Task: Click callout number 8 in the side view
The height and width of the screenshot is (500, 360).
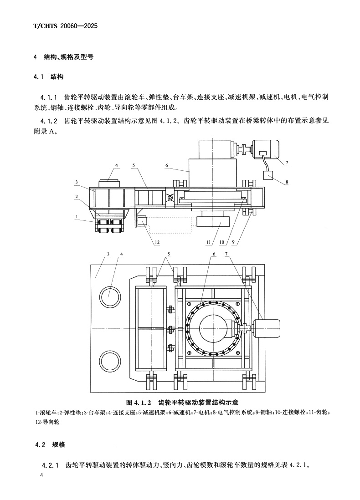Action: pyautogui.click(x=287, y=183)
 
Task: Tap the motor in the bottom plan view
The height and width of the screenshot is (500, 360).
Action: pyautogui.click(x=267, y=326)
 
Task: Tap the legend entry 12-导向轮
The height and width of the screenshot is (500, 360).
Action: pyautogui.click(x=47, y=422)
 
